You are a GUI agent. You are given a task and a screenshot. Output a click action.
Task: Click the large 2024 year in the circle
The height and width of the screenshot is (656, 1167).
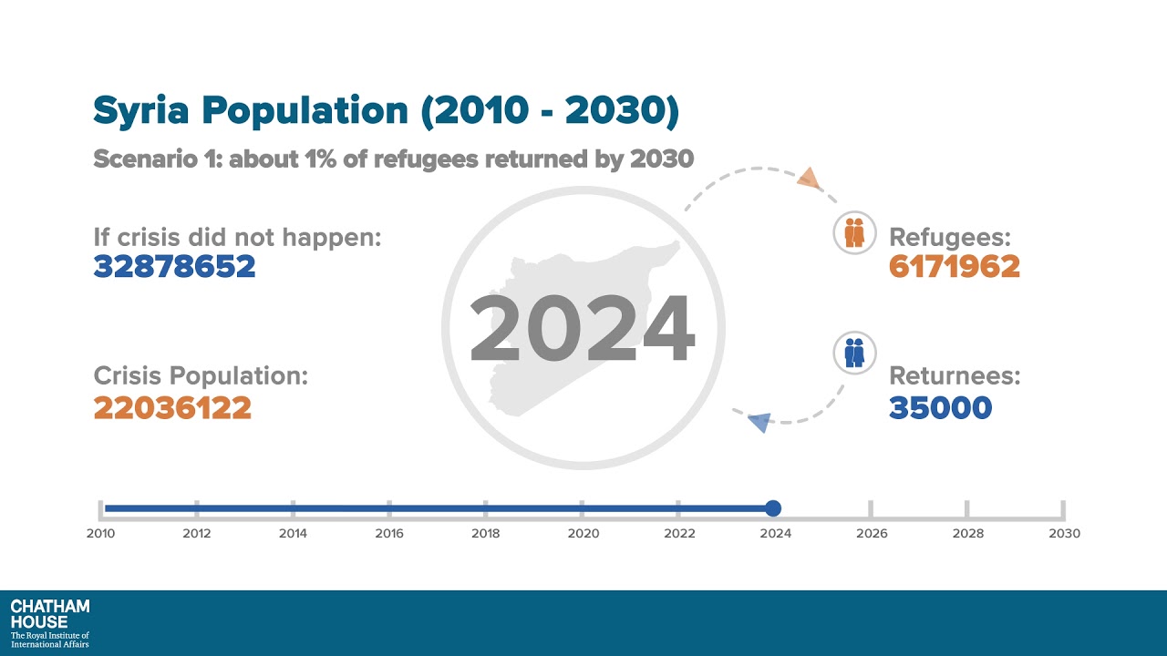[x=583, y=329]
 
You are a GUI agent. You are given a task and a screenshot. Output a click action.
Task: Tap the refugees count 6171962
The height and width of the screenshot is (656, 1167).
[x=954, y=267]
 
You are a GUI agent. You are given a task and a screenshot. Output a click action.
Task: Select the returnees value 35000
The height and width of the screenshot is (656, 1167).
[x=940, y=407]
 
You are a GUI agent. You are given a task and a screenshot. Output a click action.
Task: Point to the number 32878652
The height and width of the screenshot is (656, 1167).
[x=174, y=267]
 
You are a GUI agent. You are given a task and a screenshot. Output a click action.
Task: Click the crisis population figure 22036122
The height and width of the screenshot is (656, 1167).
[x=172, y=407]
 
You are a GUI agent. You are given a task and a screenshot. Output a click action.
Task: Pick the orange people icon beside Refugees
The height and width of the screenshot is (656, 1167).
[x=854, y=234]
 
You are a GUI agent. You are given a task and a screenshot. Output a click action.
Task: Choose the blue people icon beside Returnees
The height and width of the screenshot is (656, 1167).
[x=854, y=353]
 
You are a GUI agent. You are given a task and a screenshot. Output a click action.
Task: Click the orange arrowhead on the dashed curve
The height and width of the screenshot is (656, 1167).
[x=809, y=178]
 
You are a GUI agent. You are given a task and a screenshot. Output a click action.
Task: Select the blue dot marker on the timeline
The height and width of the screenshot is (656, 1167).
[x=773, y=508]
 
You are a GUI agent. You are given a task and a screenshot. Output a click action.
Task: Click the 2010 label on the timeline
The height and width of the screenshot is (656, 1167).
[x=100, y=534]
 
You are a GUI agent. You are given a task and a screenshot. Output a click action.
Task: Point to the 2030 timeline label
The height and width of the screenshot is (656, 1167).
[x=1064, y=534]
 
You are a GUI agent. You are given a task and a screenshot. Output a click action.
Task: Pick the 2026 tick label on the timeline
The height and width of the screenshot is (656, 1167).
[x=872, y=534]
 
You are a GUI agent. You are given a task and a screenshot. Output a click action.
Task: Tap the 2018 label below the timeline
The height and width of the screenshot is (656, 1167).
[x=486, y=534]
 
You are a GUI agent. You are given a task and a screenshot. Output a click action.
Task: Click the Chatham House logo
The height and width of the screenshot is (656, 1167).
[x=50, y=623]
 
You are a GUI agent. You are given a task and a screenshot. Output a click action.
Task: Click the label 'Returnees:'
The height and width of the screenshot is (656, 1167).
[x=955, y=376]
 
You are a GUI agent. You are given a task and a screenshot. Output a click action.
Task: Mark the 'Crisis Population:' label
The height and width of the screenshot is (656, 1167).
[x=201, y=376]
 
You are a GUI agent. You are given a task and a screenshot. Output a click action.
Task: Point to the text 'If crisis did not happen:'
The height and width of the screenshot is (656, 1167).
[x=237, y=237]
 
